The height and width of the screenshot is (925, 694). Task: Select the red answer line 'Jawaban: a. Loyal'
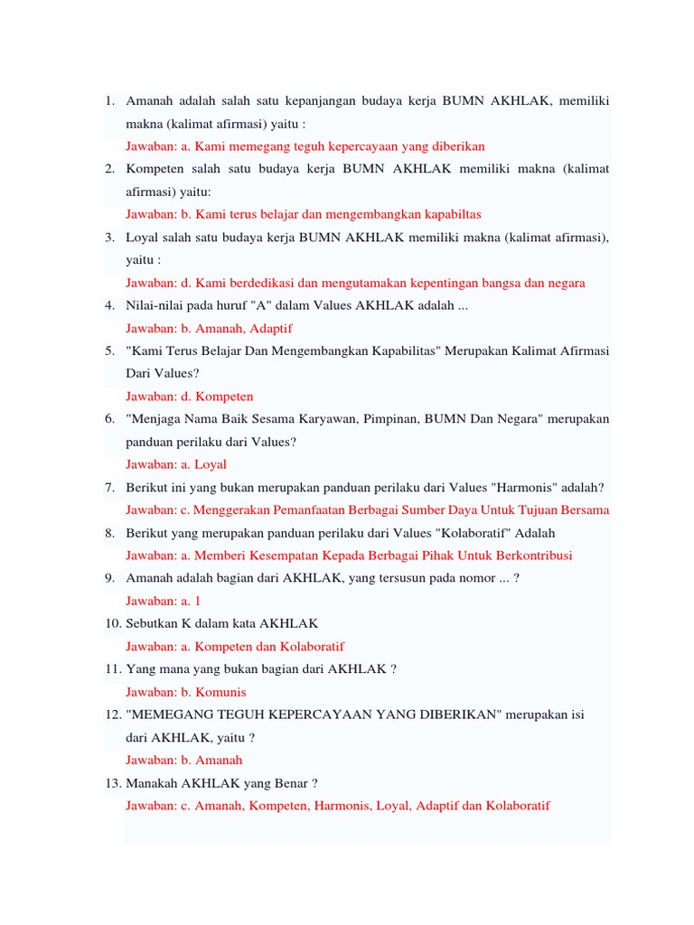tap(176, 464)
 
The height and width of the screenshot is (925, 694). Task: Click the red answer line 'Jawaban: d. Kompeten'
tap(189, 396)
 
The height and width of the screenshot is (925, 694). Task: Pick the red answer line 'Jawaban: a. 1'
tap(163, 601)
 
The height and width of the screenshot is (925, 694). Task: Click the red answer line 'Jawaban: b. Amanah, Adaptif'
tap(209, 328)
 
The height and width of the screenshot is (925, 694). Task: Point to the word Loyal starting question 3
tap(143, 237)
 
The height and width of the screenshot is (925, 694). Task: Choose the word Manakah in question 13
tap(152, 782)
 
